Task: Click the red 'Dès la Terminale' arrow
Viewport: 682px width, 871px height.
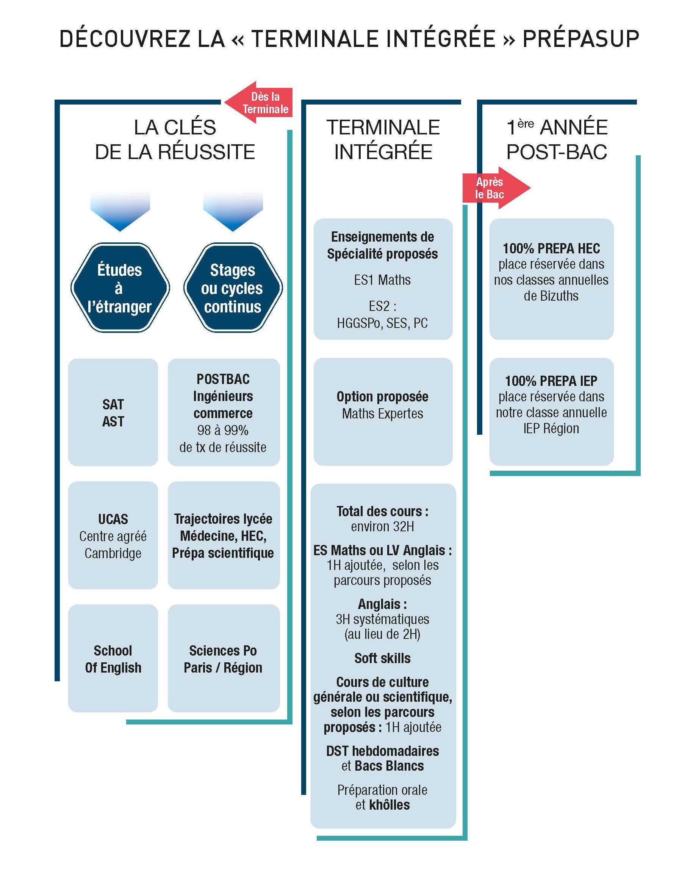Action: [259, 103]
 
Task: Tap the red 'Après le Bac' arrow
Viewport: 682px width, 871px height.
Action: [496, 188]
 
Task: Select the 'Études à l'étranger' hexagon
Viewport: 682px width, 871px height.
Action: [120, 288]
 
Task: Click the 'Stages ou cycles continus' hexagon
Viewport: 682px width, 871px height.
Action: [233, 288]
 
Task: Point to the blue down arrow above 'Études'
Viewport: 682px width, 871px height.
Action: [120, 211]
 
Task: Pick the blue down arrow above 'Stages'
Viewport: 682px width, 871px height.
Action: [233, 211]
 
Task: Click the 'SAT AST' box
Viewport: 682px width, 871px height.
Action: [113, 412]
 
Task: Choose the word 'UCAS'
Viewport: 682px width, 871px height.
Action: [113, 519]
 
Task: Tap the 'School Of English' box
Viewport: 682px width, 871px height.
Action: [113, 658]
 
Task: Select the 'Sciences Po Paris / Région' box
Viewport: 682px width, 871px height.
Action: [224, 658]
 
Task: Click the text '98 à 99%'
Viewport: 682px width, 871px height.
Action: [223, 430]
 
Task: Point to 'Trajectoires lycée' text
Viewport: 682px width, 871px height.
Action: [223, 519]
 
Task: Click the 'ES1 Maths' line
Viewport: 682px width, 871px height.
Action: [382, 280]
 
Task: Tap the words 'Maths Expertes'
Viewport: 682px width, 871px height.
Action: [383, 414]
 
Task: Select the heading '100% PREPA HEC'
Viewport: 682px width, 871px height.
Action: [551, 248]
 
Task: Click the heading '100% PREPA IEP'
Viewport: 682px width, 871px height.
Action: [551, 381]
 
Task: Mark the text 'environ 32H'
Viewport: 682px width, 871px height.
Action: [383, 527]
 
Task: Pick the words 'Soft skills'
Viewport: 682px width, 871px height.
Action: [383, 658]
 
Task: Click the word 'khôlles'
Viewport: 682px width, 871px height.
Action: [390, 805]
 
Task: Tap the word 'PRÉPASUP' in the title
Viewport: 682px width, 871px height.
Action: [581, 39]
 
